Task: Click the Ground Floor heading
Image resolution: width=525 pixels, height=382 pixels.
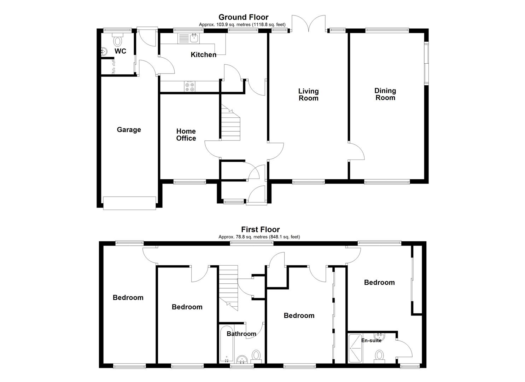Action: coord(243,17)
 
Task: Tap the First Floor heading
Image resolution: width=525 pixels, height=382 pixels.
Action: coord(261,229)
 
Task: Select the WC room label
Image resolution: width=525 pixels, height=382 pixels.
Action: coord(120,51)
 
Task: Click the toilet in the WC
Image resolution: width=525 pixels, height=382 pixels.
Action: coord(118,40)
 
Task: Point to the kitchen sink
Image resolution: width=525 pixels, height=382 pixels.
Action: coord(189,39)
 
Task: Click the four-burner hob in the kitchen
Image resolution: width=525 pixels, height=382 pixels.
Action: coord(189,87)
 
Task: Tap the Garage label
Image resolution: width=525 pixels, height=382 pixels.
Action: coord(129,130)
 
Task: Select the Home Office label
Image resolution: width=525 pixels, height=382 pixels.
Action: coord(186,135)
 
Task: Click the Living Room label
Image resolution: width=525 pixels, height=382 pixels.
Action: coord(308,94)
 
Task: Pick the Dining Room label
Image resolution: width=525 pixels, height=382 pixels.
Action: coord(385,94)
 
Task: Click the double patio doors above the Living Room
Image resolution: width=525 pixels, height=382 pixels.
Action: coord(308,23)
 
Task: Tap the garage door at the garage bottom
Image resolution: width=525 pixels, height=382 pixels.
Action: coord(129,203)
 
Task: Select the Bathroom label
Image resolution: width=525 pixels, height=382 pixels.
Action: coord(241,334)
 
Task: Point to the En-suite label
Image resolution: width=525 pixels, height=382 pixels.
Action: coord(371,340)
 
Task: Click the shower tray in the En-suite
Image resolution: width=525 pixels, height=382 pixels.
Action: coord(356,348)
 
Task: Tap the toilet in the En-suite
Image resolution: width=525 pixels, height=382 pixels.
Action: coord(379,358)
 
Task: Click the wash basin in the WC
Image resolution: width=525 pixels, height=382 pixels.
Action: coord(104,52)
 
